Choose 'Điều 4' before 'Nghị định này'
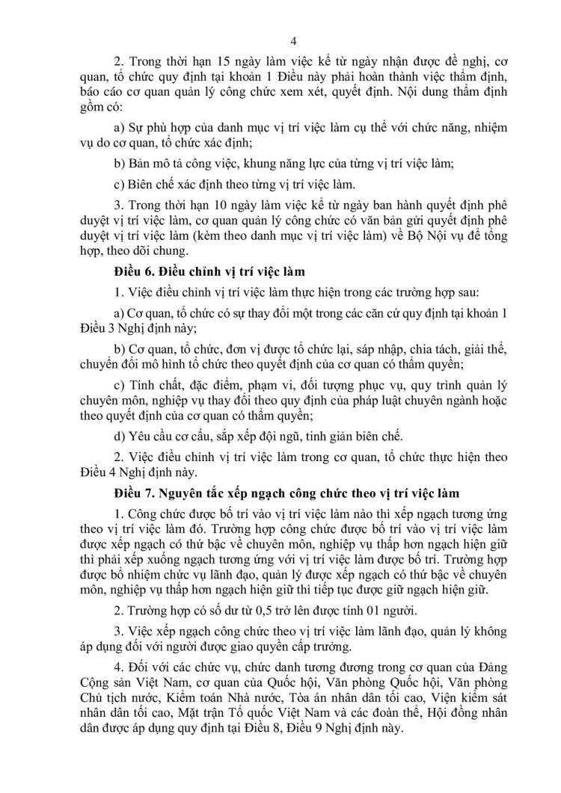[x=95, y=473]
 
